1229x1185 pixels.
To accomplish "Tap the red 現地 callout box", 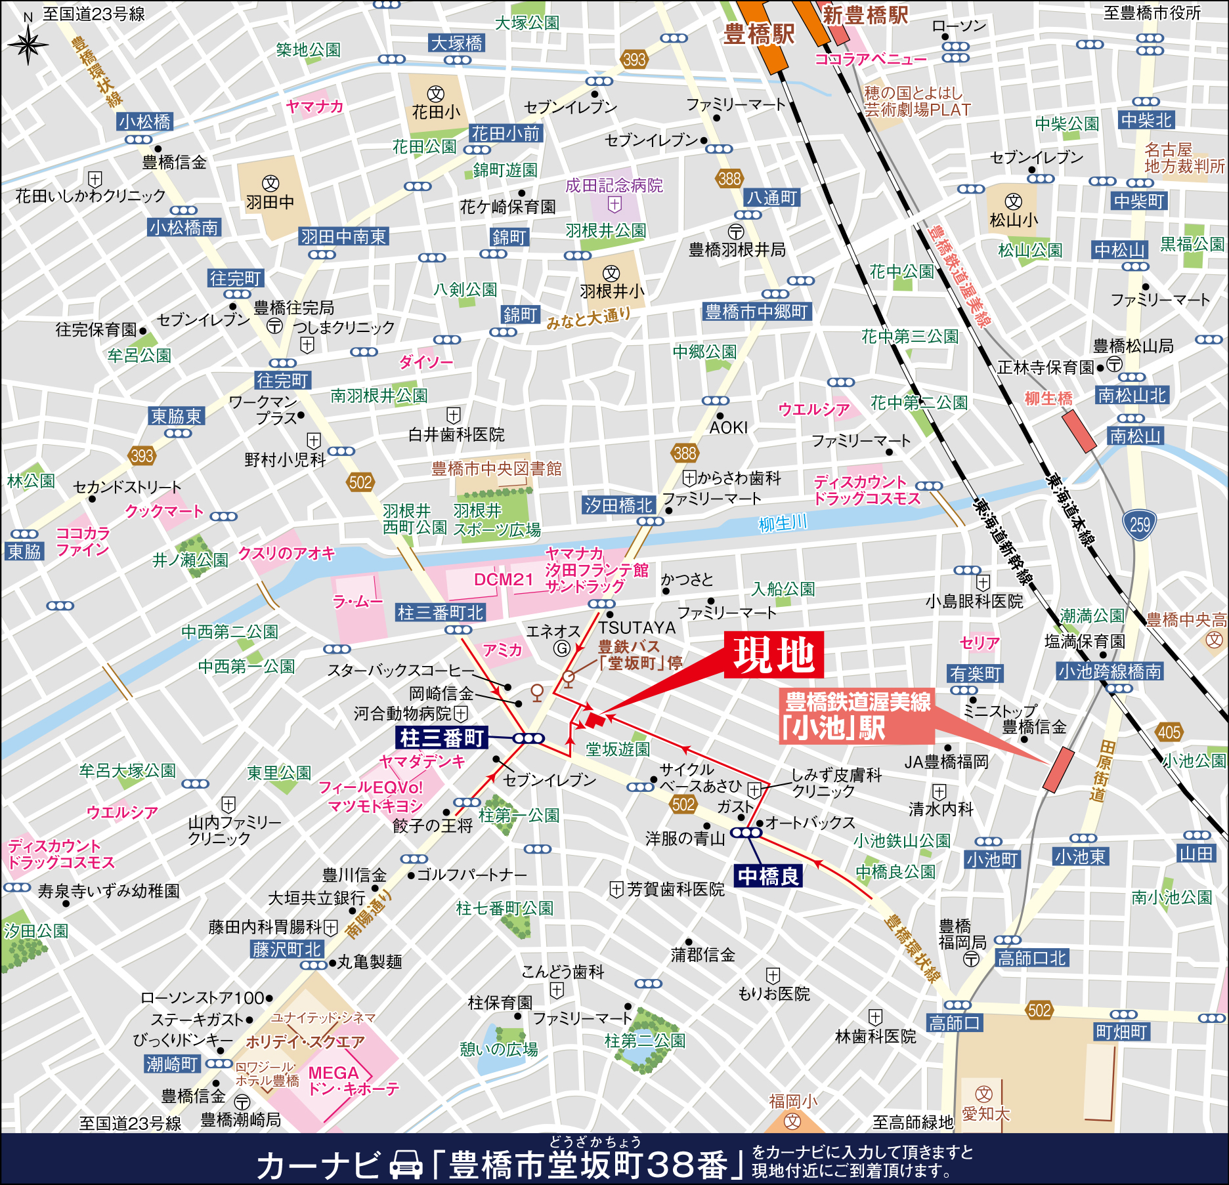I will pos(773,655).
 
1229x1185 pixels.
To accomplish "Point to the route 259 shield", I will pos(1140,524).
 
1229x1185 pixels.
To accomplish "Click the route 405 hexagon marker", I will pos(1169,732).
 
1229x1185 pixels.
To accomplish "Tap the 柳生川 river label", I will pos(783,524).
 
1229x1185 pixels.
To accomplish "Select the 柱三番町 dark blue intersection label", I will pos(442,738).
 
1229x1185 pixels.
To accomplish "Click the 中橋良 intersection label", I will pos(768,876).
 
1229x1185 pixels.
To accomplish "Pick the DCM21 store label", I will pos(503,579).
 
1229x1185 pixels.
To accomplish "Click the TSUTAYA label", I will pos(636,628).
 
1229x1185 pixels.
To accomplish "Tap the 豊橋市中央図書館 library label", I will pos(496,468).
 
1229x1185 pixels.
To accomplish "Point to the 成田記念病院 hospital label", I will pos(614,186).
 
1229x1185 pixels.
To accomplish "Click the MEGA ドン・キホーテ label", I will pos(353,1081).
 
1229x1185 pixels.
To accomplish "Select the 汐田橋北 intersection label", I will pos(618,505).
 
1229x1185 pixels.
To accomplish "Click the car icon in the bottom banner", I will pos(406,1163).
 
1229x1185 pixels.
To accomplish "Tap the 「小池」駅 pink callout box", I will pos(857,716).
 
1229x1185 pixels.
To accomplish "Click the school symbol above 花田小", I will pos(436,94).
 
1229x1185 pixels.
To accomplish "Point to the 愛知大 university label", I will pos(985,1113).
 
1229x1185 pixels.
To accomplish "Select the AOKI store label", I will pos(728,428).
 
